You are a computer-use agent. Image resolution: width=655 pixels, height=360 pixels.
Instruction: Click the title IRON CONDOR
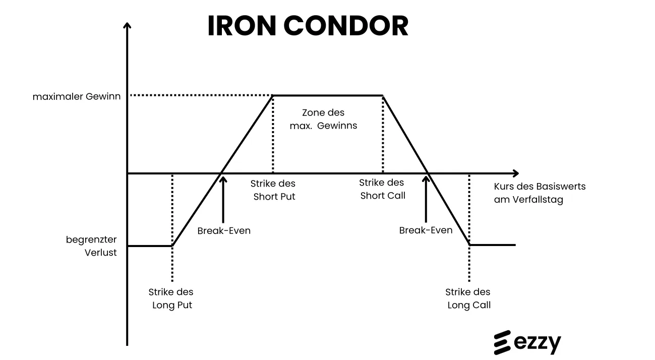pos(308,26)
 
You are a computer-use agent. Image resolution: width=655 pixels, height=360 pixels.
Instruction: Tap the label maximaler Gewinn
pos(77,96)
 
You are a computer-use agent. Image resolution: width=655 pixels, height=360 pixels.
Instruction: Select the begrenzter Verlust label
pos(91,246)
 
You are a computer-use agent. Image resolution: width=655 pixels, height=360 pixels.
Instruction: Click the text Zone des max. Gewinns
pos(323,119)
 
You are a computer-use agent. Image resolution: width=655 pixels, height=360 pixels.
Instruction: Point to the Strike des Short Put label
pos(273,190)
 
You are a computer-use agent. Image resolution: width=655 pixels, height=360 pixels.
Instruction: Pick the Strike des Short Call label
pos(382,189)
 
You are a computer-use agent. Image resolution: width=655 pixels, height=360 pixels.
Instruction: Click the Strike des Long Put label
pos(171,298)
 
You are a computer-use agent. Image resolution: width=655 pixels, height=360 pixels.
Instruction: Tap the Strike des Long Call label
pos(468,298)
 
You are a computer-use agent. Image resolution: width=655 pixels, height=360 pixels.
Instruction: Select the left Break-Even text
pos(224,231)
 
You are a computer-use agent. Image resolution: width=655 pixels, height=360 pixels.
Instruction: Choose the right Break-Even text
pos(426,230)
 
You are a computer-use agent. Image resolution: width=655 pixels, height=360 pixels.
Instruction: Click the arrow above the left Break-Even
pos(223,200)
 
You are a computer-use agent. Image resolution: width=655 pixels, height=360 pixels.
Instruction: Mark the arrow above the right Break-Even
pos(426,199)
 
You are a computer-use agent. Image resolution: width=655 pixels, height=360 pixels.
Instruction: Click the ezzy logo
pos(527,342)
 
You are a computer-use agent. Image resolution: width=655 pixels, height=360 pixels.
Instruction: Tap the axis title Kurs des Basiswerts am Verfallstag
pos(540,193)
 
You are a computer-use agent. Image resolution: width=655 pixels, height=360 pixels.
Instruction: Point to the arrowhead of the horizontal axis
pos(516,173)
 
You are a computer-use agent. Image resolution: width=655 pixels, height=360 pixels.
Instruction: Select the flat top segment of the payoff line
pos(328,95)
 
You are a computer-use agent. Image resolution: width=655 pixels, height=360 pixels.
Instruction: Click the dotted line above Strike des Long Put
pos(172,228)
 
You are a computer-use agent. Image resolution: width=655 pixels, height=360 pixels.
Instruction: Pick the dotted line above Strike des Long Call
pos(469,228)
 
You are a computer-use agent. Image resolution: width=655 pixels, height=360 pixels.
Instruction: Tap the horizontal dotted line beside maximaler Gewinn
pos(202,95)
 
